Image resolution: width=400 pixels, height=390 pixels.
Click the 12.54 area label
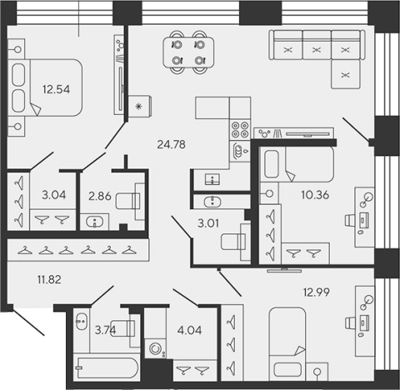click(x=57, y=89)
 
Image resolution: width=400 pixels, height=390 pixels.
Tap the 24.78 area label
click(x=171, y=144)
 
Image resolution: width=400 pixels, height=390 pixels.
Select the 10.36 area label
click(x=315, y=195)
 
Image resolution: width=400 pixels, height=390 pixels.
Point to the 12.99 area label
click(x=317, y=292)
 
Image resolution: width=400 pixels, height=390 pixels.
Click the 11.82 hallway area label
click(x=49, y=279)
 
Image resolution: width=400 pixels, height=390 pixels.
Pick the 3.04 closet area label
click(x=54, y=195)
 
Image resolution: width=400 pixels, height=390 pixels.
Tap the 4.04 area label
click(x=190, y=330)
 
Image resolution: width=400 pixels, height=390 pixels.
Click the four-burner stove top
click(x=240, y=130)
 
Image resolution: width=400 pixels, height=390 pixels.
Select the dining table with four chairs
click(x=188, y=52)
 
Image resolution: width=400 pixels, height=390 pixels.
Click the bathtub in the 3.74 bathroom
click(x=107, y=367)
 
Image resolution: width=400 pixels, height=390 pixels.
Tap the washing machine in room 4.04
click(x=156, y=348)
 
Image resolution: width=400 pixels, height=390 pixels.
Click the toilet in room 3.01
click(x=236, y=242)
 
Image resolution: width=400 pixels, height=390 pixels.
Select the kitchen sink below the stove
click(x=239, y=152)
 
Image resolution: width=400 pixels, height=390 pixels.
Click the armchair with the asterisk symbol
click(x=140, y=107)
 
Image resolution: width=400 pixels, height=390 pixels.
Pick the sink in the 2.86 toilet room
click(x=95, y=222)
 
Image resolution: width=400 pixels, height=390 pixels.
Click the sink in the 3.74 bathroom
click(x=82, y=322)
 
